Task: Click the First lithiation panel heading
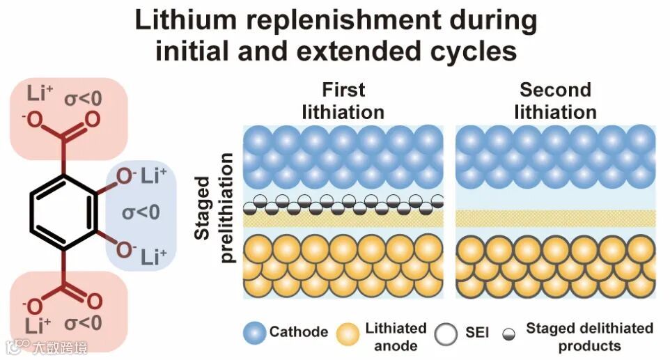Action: pos(343,101)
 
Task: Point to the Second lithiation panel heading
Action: pos(555,101)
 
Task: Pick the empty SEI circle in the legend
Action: pos(446,332)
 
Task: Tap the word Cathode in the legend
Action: pos(299,332)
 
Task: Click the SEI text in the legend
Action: pos(476,332)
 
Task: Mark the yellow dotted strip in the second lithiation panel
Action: pos(555,218)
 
